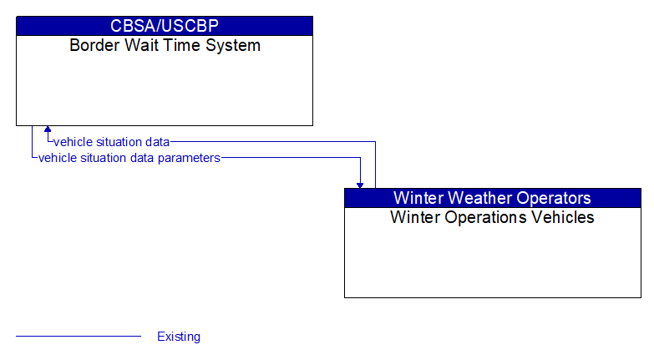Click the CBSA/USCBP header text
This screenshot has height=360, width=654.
(x=165, y=26)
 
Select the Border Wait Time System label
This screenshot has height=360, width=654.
(x=165, y=45)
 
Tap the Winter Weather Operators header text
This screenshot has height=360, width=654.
(x=492, y=198)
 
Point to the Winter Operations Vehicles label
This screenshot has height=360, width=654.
(x=492, y=217)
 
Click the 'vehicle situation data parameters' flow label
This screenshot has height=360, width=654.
(x=129, y=157)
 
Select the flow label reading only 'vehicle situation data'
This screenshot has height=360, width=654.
(x=111, y=142)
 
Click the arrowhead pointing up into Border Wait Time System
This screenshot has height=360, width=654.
(x=48, y=130)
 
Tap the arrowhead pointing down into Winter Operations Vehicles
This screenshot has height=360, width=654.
(x=360, y=184)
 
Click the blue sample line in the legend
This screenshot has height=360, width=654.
(x=79, y=337)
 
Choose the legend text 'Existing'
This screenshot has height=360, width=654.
(x=179, y=337)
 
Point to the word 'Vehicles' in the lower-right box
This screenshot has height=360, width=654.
(x=563, y=217)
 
